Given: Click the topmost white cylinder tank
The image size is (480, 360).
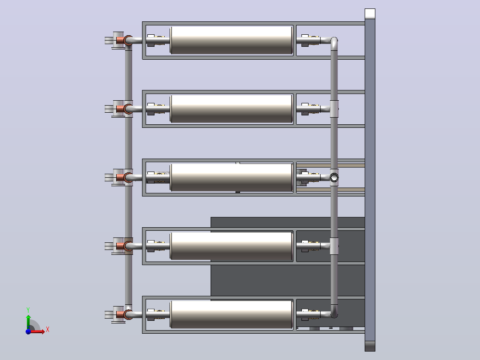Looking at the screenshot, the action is point(231,40).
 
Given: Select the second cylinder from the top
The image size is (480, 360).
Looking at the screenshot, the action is point(231,109).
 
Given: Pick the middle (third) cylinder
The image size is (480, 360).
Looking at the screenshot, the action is point(231,177).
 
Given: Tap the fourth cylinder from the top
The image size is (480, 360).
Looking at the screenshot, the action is point(231,246).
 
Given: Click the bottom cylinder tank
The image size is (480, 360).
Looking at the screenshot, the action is point(231,315).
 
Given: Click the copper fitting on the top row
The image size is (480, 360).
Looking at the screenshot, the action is point(120,40).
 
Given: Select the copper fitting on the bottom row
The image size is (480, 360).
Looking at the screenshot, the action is point(120,315).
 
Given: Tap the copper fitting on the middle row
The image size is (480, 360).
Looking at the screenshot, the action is point(120,177).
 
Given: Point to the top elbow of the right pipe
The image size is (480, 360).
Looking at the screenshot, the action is point(334,42).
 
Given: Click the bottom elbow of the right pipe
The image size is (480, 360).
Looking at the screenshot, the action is point(334,312).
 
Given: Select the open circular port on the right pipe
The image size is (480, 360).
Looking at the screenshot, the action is point(334,177).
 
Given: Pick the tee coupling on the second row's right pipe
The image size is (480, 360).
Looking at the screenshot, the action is point(334,109).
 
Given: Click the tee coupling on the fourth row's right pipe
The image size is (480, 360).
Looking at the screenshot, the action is point(334,246).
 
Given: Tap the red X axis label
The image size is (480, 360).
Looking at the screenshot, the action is point(48,330).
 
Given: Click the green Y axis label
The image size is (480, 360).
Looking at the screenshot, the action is point(28,310).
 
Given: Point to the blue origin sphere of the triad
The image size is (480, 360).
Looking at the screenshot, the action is point(28,331).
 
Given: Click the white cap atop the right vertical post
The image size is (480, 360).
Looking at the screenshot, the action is point(370,14).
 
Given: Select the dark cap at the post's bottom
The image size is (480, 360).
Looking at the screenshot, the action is point(370,346).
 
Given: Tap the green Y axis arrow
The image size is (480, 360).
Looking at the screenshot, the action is point(28,322).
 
